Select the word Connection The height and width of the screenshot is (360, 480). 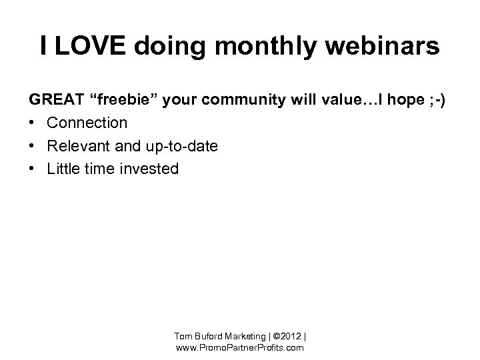point(87,123)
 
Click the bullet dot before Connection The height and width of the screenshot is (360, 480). point(33,123)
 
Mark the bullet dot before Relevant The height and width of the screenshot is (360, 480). point(33,146)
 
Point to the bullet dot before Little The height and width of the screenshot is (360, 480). point(33,169)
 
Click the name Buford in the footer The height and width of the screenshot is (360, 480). point(209,335)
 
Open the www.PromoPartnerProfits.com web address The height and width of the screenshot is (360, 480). point(239,347)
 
